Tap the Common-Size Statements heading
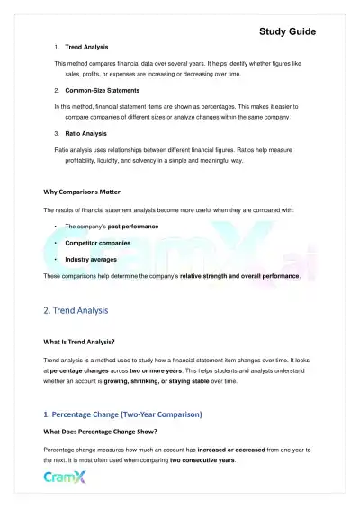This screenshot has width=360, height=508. (x=104, y=91)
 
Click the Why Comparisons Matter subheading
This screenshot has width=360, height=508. (x=83, y=192)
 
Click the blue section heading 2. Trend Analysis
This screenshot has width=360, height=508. (x=76, y=310)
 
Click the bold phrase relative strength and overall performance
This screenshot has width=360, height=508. (x=239, y=276)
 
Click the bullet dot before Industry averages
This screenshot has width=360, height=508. (x=57, y=259)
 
